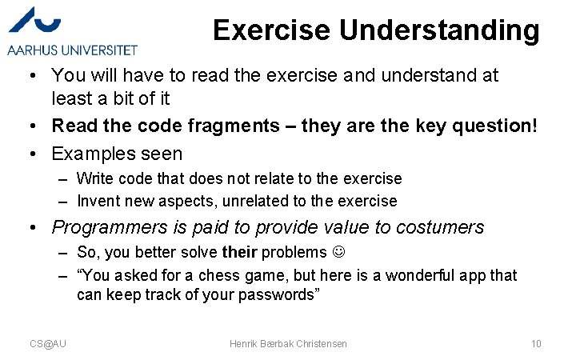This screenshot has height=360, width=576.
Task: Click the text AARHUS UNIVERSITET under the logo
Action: [73, 50]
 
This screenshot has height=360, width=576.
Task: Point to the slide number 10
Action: [536, 344]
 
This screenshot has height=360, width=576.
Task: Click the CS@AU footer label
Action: [48, 344]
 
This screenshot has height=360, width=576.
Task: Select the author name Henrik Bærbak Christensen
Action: [288, 344]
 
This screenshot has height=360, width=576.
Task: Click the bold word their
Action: [238, 253]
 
